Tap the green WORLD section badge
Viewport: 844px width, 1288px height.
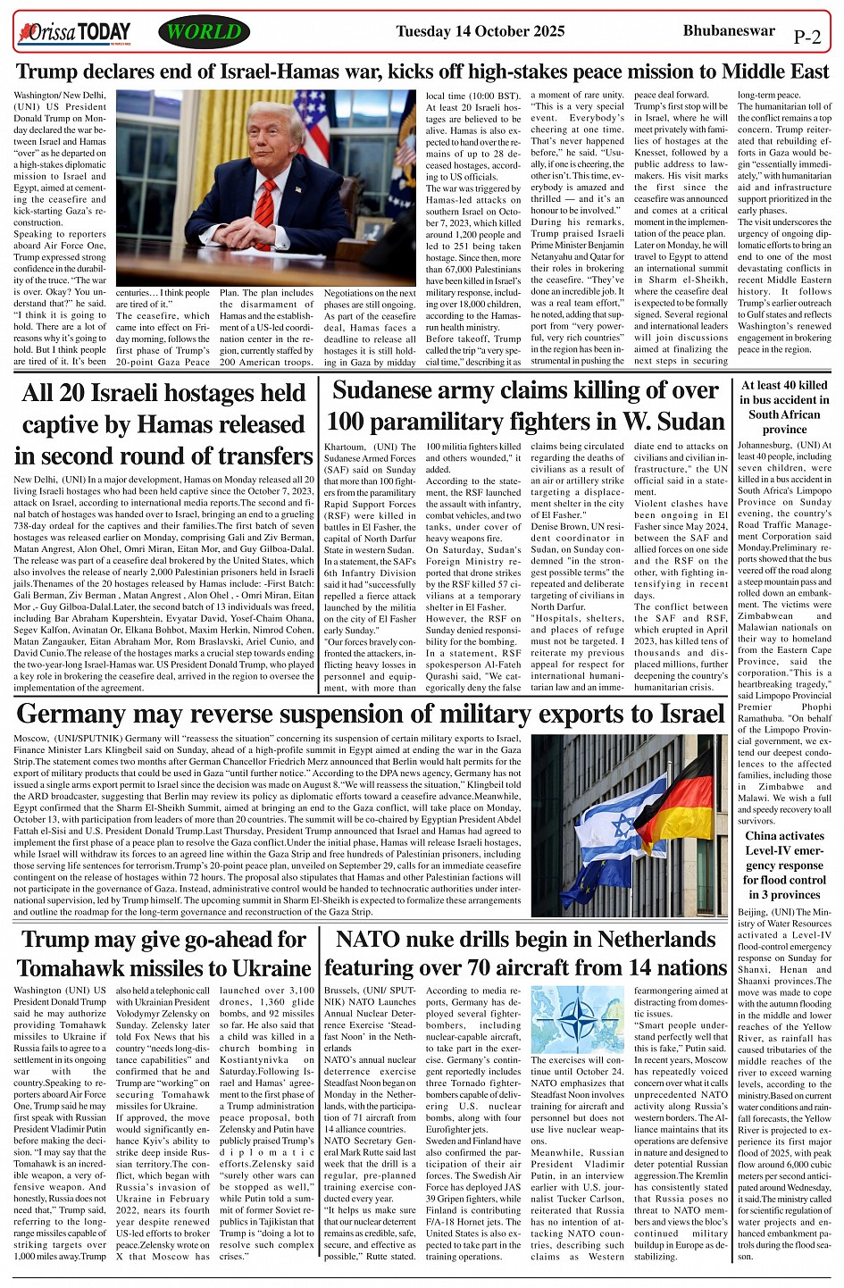coord(204,33)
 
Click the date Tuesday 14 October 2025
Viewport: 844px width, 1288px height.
coord(480,32)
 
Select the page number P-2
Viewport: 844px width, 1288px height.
coord(806,37)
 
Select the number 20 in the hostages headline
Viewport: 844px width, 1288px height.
coord(79,394)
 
